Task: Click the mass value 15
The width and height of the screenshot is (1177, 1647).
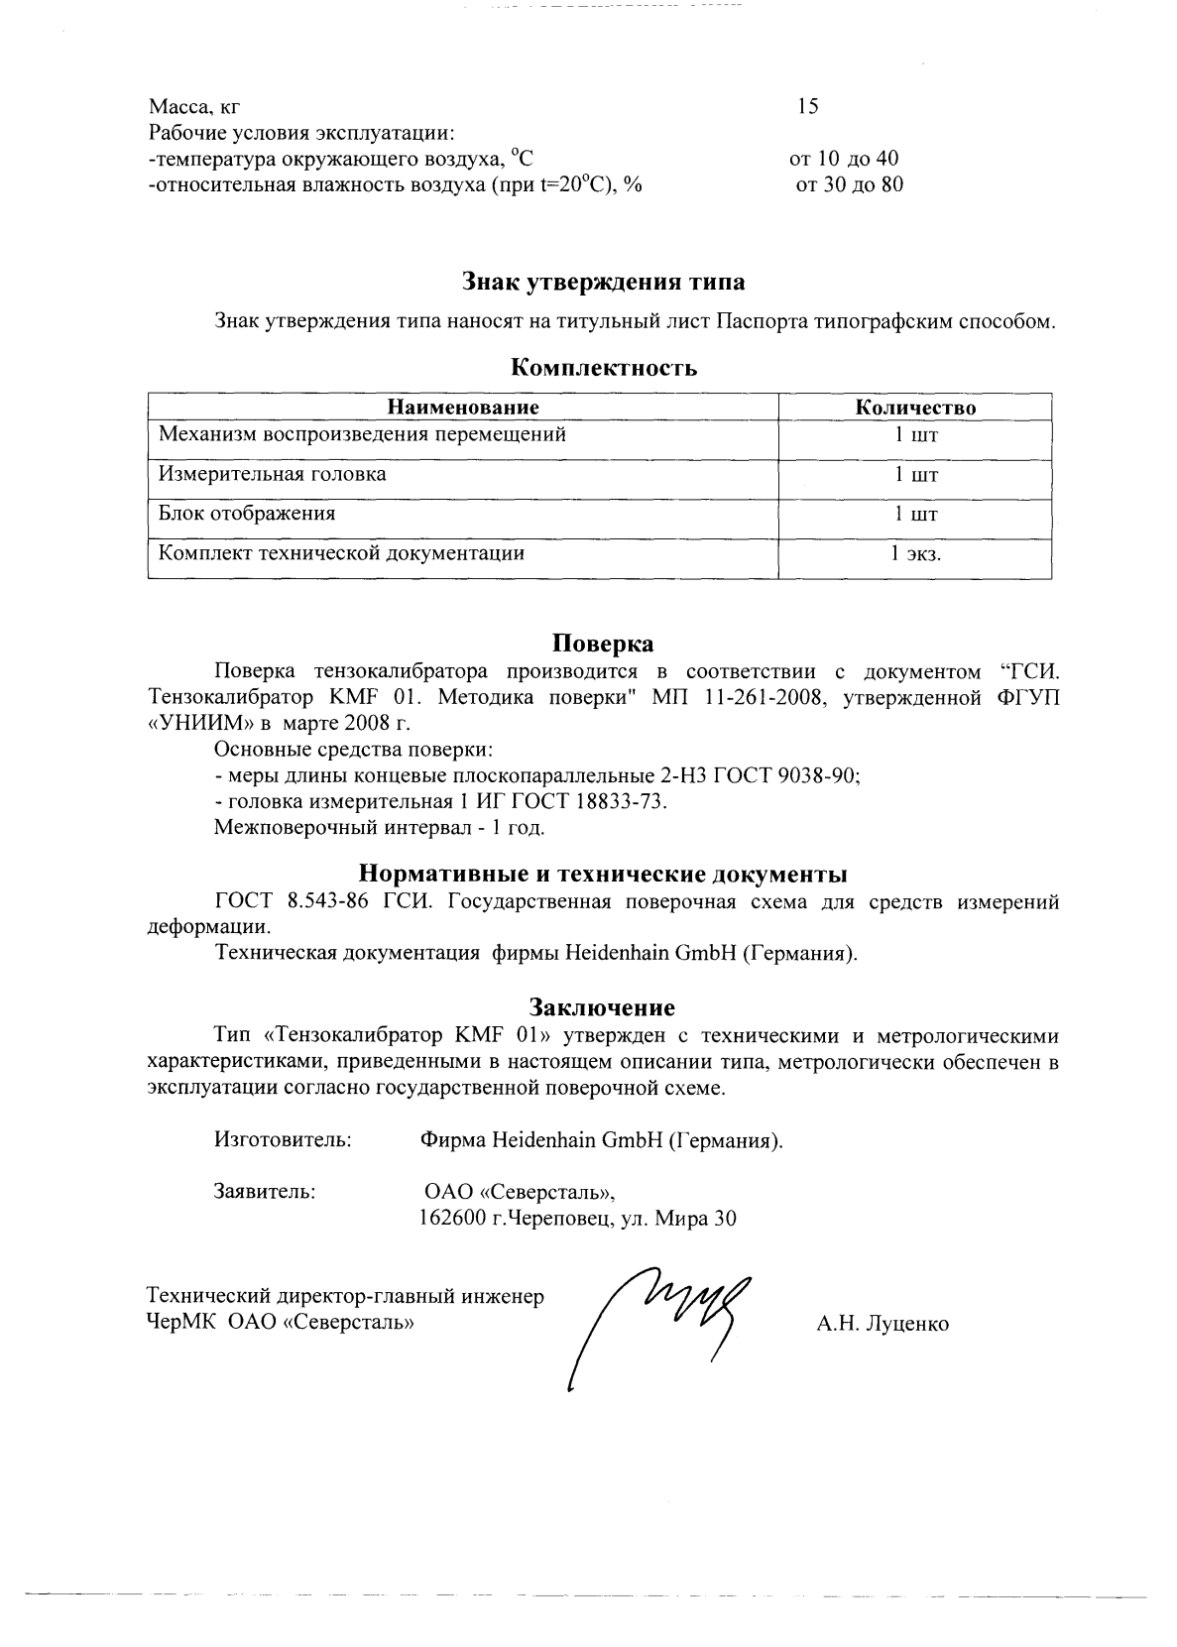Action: click(808, 106)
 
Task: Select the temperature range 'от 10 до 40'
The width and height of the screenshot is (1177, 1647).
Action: click(844, 159)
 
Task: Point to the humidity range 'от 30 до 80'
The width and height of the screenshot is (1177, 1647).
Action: click(850, 184)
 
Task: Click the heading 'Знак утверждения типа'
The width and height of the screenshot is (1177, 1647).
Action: click(604, 283)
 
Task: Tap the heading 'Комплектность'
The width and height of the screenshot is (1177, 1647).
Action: click(604, 368)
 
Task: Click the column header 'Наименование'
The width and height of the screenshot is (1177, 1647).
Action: click(463, 408)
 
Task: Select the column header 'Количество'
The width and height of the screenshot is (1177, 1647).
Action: click(915, 408)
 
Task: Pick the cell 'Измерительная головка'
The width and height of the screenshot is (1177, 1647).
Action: click(273, 474)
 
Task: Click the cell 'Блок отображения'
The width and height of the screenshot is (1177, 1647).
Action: click(247, 514)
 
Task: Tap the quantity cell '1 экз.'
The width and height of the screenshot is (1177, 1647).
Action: click(915, 554)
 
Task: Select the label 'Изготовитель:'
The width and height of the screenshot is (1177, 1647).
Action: click(283, 1140)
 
